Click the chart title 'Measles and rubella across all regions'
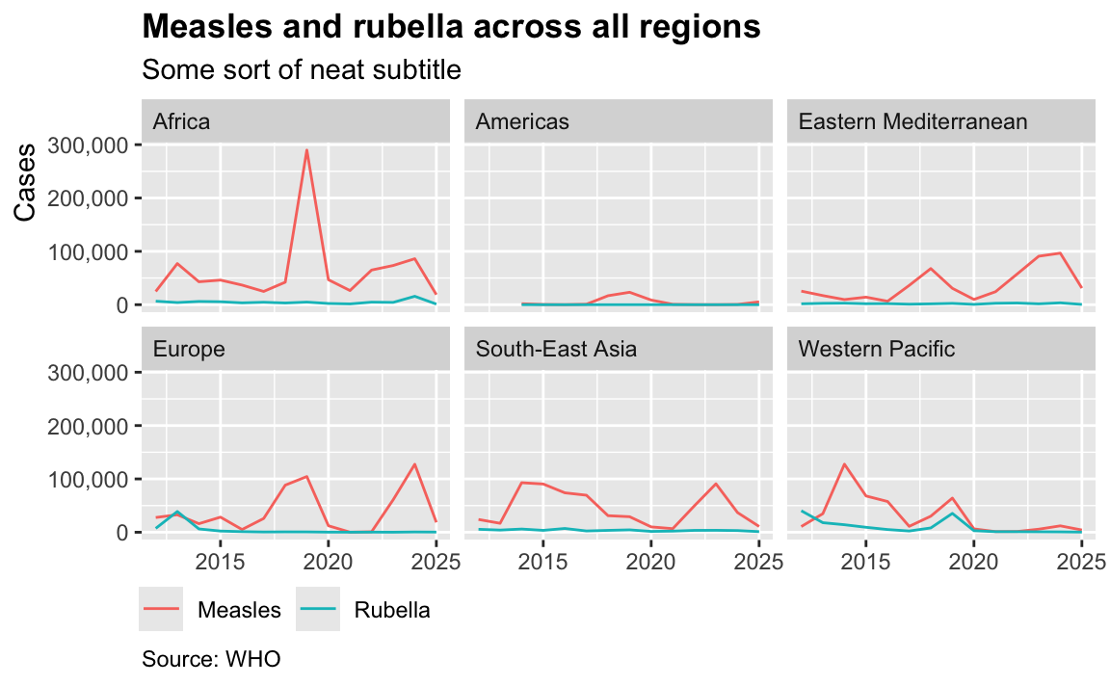point(451,27)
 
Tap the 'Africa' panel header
point(181,121)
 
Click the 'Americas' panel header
point(522,121)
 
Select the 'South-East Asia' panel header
point(556,349)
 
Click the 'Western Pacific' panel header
point(877,349)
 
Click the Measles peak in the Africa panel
point(306,149)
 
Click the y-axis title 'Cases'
point(27,182)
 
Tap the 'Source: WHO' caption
point(211,660)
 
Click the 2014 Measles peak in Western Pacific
point(844,464)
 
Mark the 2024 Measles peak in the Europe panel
point(414,464)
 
